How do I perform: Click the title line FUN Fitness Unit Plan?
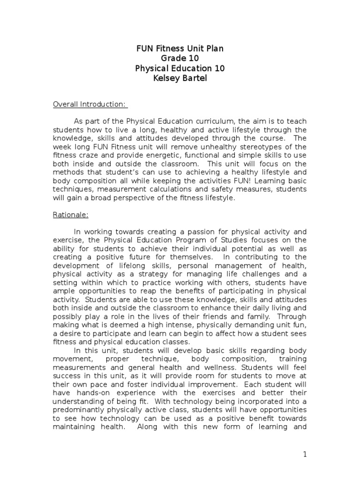[x=180, y=48]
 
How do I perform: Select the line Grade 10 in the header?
[x=180, y=58]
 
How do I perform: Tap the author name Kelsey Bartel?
[x=180, y=78]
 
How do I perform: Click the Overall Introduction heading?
[x=90, y=104]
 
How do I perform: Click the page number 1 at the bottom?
[x=304, y=454]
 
